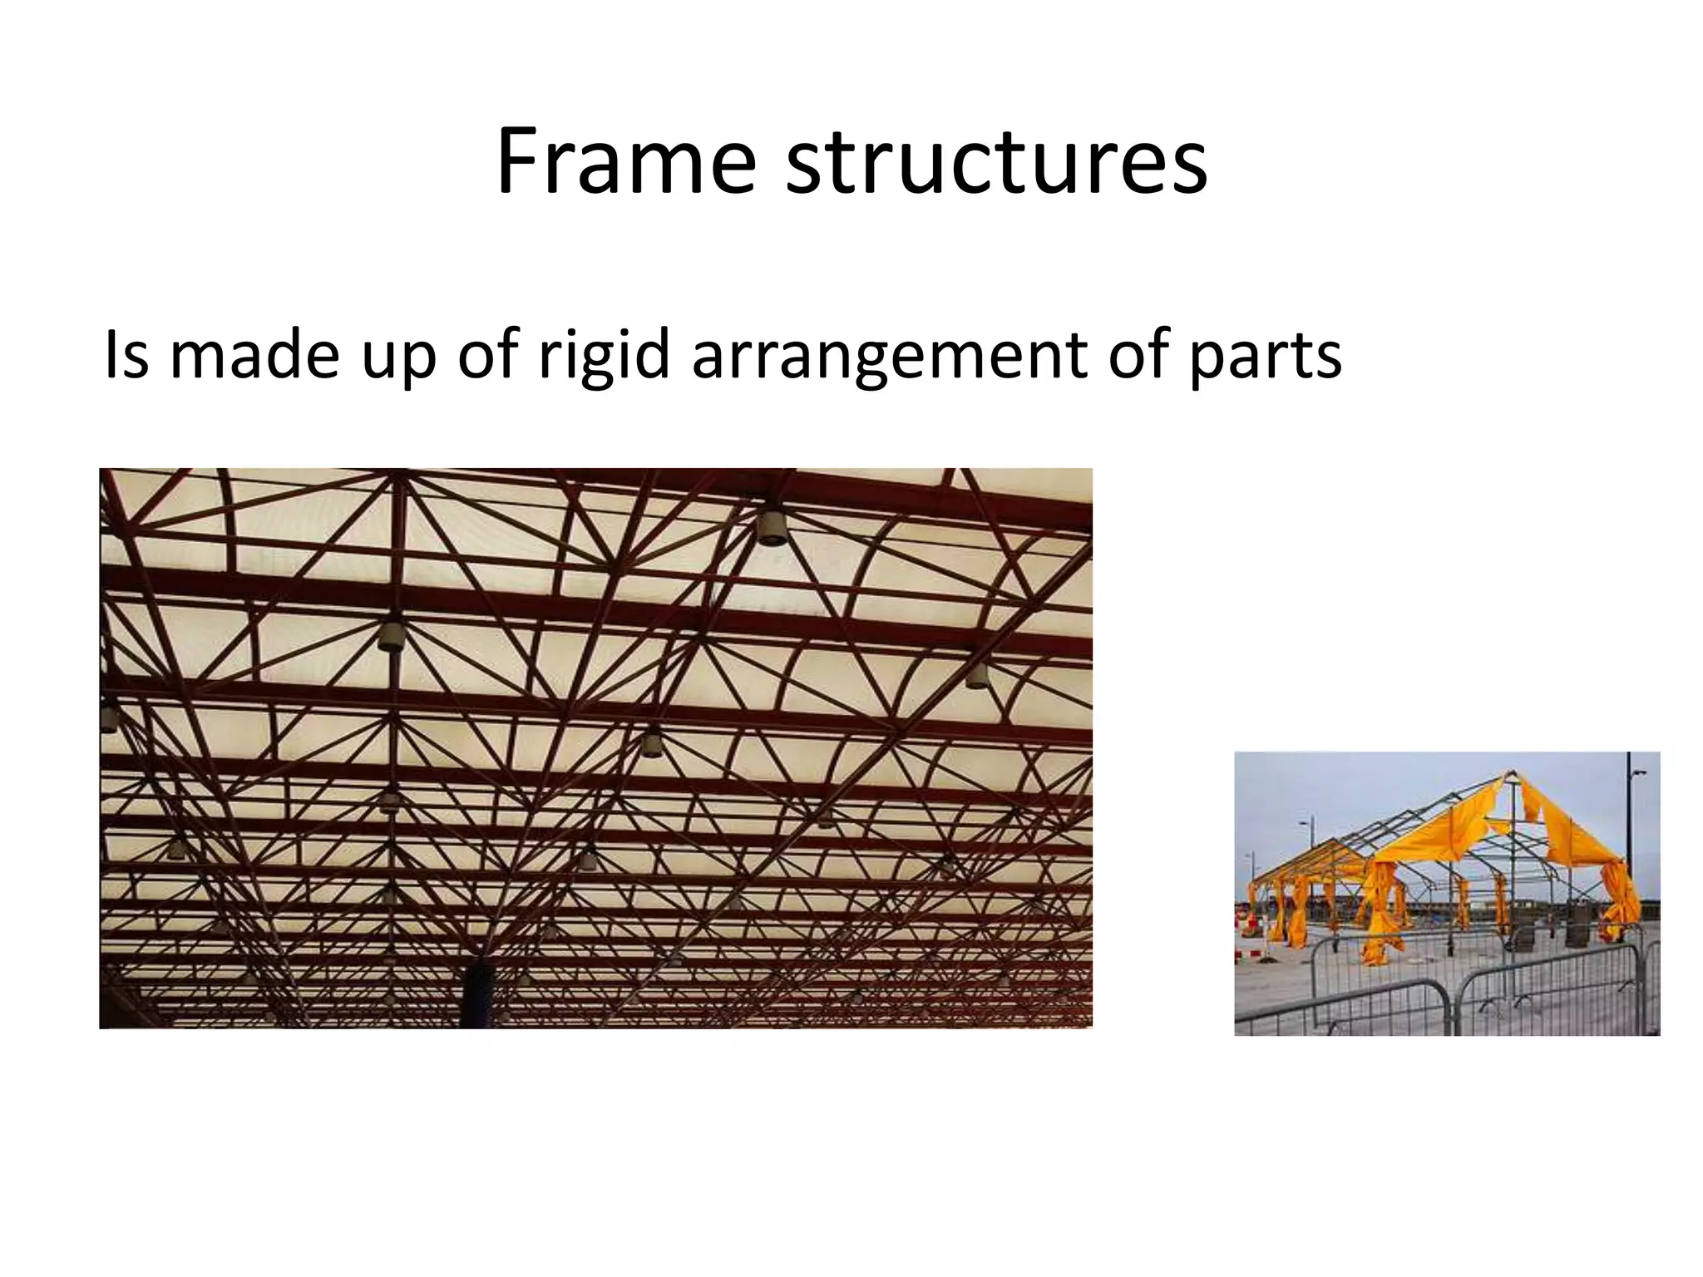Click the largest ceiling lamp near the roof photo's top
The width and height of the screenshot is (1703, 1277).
772,527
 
